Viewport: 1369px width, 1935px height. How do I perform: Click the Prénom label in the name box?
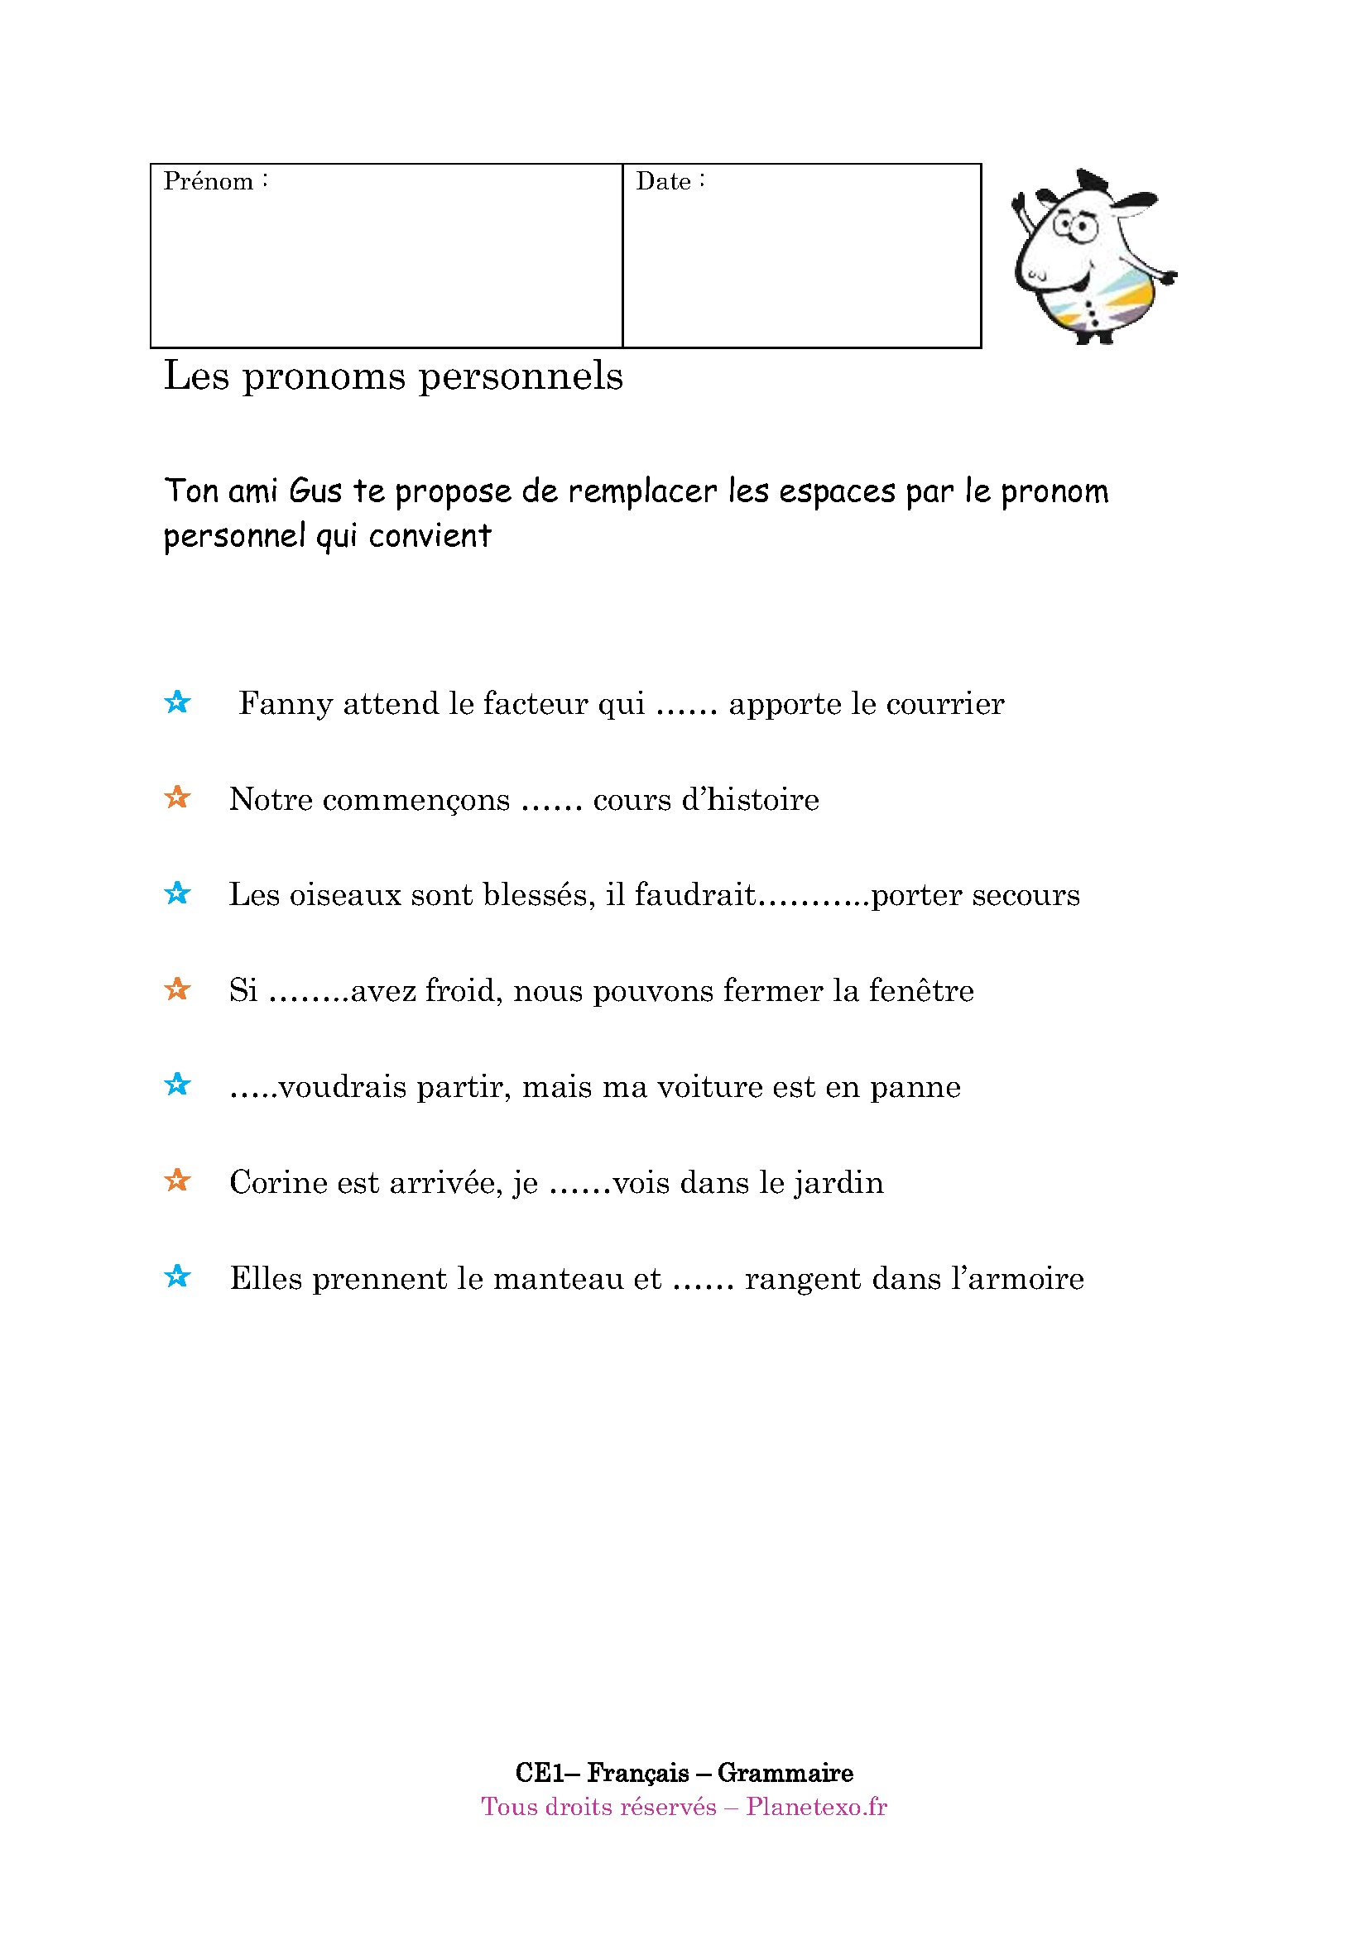(209, 182)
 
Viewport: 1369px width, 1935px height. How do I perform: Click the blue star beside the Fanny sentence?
(177, 702)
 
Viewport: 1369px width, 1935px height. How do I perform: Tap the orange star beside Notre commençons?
(177, 797)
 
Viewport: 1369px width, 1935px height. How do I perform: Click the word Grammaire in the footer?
(785, 1773)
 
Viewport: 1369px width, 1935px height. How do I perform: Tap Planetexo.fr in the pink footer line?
(816, 1807)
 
